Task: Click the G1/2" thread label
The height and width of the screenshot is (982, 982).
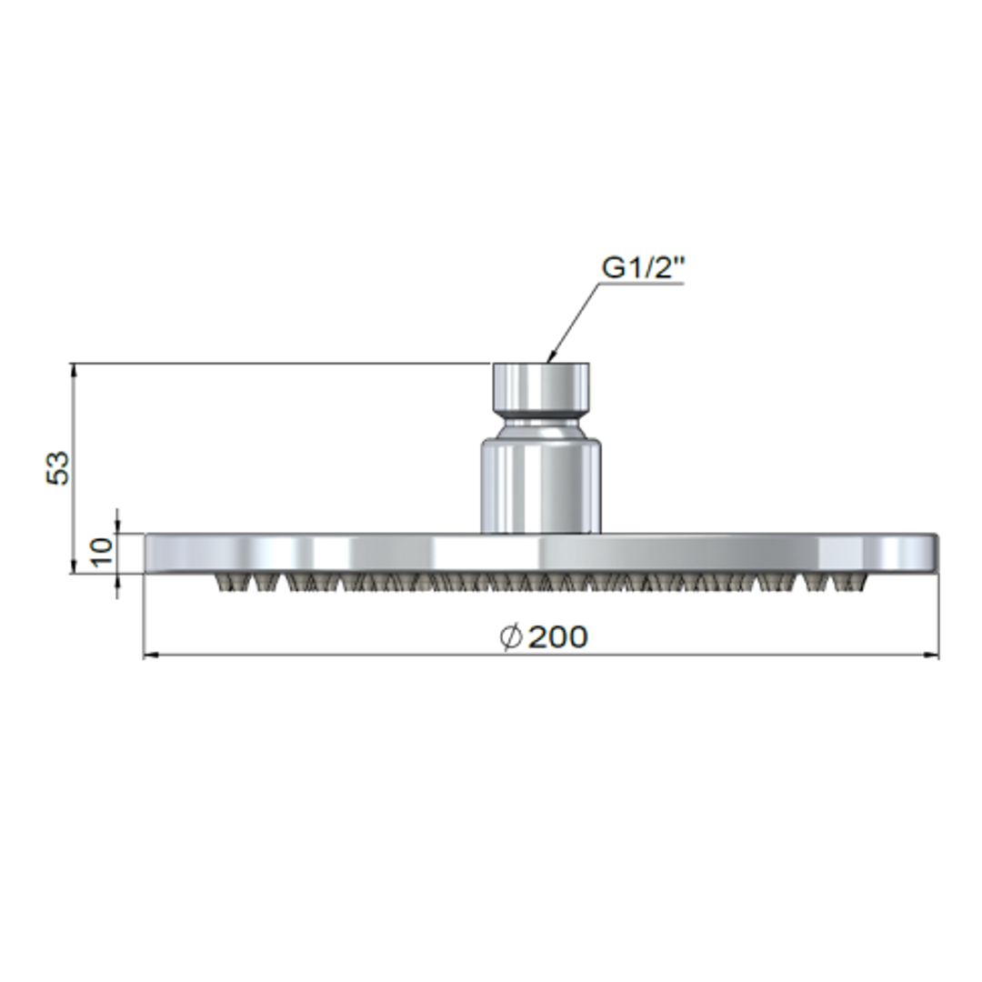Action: point(641,268)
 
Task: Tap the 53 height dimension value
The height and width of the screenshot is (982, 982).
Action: point(58,468)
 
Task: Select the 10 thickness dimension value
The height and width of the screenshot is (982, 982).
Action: point(102,552)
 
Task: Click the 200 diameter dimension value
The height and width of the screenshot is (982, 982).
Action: point(557,636)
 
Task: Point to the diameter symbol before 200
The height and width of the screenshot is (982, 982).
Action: point(512,636)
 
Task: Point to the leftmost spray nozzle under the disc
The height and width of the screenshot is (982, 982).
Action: point(224,583)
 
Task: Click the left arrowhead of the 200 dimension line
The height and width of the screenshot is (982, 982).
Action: point(150,654)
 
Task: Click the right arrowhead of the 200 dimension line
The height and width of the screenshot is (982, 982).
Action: point(932,654)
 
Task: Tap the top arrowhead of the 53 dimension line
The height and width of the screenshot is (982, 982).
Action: point(74,369)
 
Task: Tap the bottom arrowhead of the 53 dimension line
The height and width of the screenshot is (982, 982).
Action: point(74,568)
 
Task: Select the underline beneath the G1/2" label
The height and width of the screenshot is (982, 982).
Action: point(641,284)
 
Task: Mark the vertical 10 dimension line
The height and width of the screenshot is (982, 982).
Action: point(118,553)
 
